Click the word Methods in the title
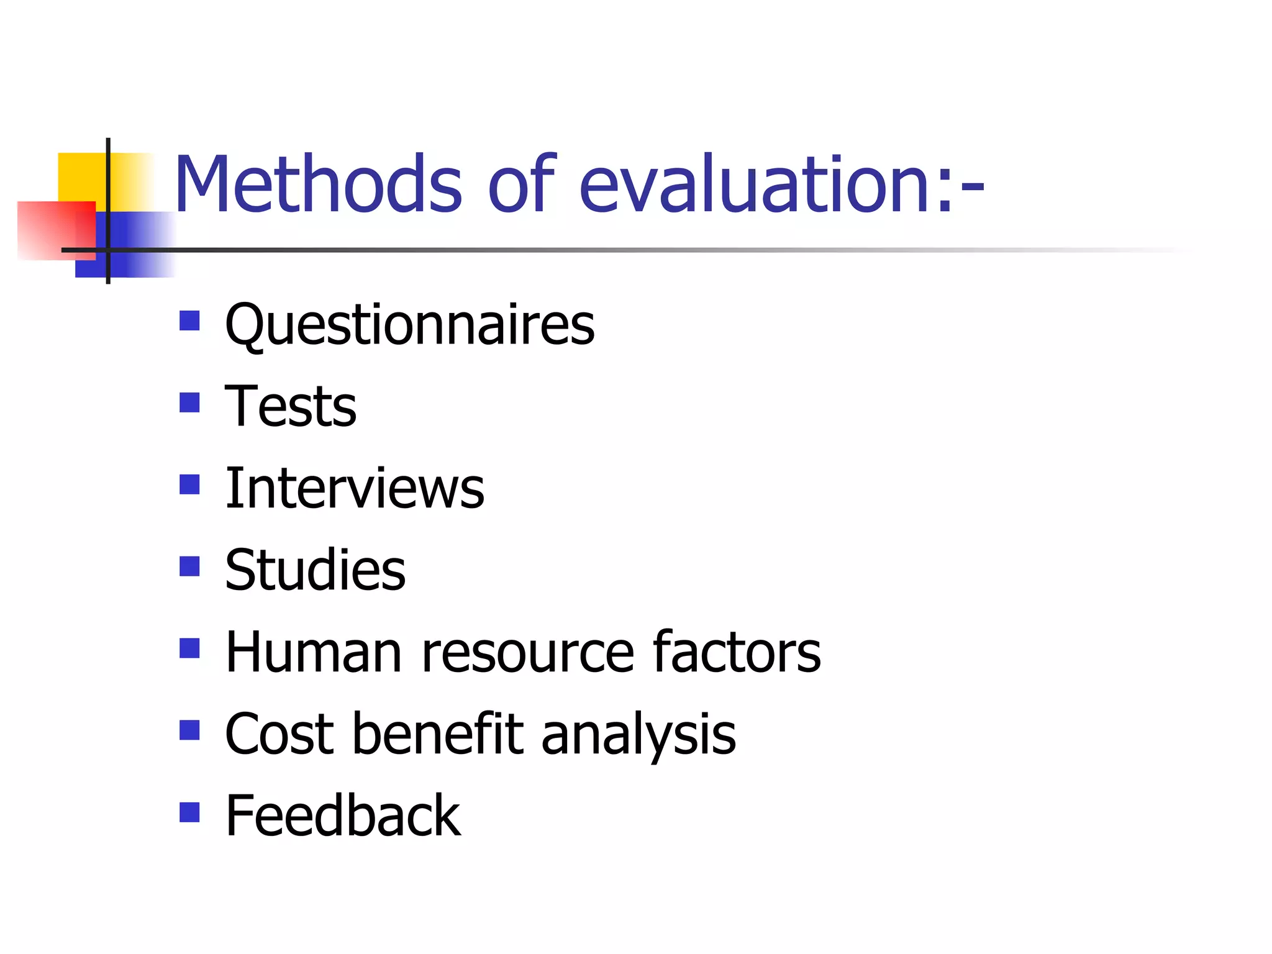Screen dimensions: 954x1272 [x=317, y=185]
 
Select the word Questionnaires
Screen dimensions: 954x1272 [x=409, y=325]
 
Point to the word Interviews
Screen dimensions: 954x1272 [x=355, y=489]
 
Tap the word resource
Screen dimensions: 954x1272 [x=527, y=653]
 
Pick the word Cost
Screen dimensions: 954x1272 [x=279, y=734]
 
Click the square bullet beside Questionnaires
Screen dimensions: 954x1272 [x=189, y=321]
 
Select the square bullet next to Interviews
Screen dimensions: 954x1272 [x=189, y=484]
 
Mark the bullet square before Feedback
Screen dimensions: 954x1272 [x=189, y=812]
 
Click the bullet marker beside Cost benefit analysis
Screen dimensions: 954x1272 [x=189, y=730]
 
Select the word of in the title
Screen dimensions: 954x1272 [x=520, y=185]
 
